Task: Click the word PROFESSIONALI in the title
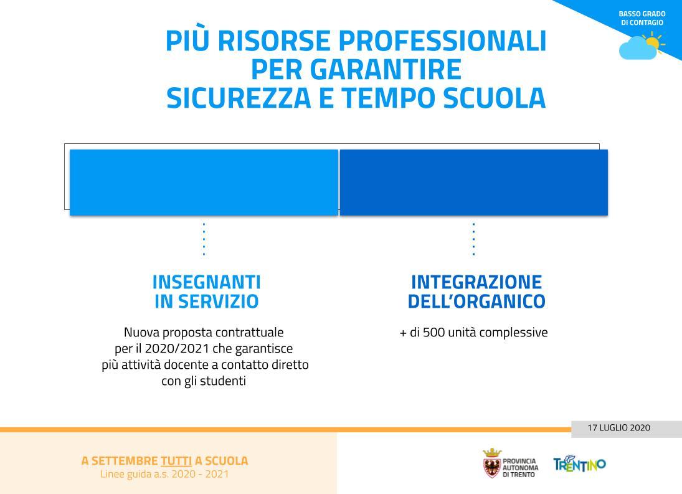[x=442, y=41]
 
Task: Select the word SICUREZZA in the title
[x=239, y=98]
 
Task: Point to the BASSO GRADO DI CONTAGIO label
[x=642, y=18]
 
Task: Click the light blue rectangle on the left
[x=204, y=183]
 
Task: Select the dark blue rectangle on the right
[x=473, y=183]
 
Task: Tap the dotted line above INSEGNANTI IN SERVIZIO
[x=204, y=239]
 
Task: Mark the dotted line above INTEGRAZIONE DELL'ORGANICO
[x=473, y=239]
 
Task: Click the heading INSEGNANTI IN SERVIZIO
[x=207, y=292]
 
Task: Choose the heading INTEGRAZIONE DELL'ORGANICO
[x=476, y=292]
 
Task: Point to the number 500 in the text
[x=433, y=333]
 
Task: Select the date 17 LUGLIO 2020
[x=619, y=428]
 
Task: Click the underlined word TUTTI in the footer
[x=176, y=461]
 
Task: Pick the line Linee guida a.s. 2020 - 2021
[x=165, y=475]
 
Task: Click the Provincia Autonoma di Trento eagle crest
[x=492, y=463]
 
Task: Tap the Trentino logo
[x=579, y=464]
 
